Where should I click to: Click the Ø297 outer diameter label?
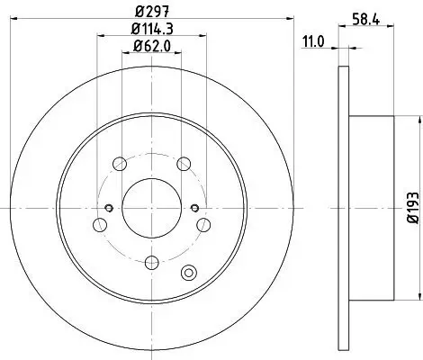pos(151,12)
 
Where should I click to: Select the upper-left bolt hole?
pos(119,164)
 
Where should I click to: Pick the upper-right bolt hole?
pos(184,164)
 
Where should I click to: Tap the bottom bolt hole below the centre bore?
pos(151,262)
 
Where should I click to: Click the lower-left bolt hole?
pos(98,227)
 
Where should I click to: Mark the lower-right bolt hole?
pos(204,227)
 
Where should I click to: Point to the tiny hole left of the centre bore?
pos(109,209)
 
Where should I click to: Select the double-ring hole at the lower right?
pos(189,274)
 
